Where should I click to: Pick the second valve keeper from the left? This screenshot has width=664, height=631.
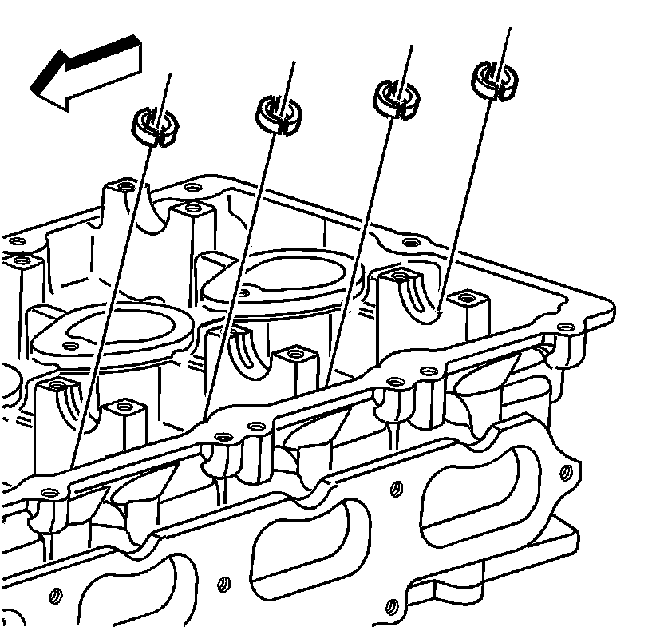(x=279, y=112)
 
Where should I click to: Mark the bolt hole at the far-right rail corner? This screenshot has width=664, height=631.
(x=565, y=327)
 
